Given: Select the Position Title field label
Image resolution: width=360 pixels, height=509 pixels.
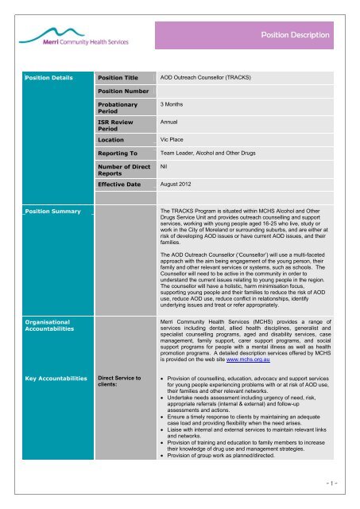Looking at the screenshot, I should coord(118,78).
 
